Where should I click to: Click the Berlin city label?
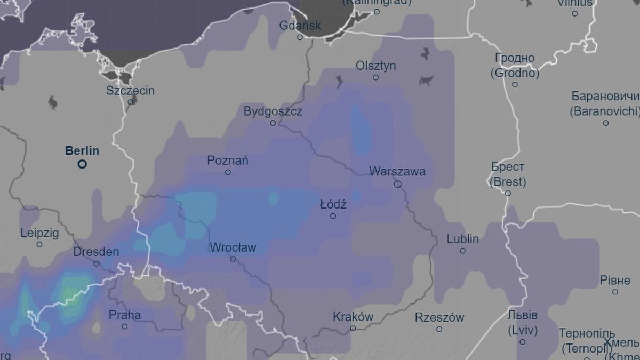(82, 151)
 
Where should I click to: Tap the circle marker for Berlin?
(82, 164)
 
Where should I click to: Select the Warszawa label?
(397, 171)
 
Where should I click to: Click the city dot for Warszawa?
(397, 184)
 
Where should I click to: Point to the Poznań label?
(228, 161)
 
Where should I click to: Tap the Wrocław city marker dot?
(233, 259)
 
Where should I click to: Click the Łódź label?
(333, 204)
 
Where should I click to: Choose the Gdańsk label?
(300, 25)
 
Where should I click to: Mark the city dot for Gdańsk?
(300, 37)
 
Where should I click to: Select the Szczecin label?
(130, 90)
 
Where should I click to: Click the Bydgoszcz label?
(273, 111)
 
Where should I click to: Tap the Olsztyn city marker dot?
(375, 77)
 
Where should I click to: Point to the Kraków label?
(353, 316)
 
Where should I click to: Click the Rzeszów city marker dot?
(439, 329)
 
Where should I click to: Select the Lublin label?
(462, 239)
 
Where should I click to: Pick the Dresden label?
(96, 252)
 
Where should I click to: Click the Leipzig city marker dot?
(39, 244)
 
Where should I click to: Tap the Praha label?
(125, 315)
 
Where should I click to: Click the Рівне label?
(615, 280)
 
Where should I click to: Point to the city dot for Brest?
(508, 193)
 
